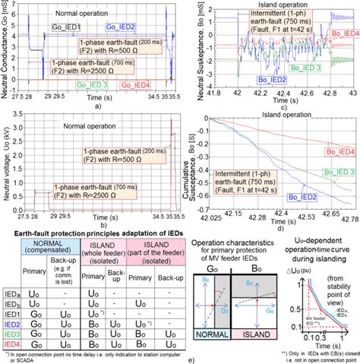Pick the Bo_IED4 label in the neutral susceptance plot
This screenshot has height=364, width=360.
click(x=340, y=33)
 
